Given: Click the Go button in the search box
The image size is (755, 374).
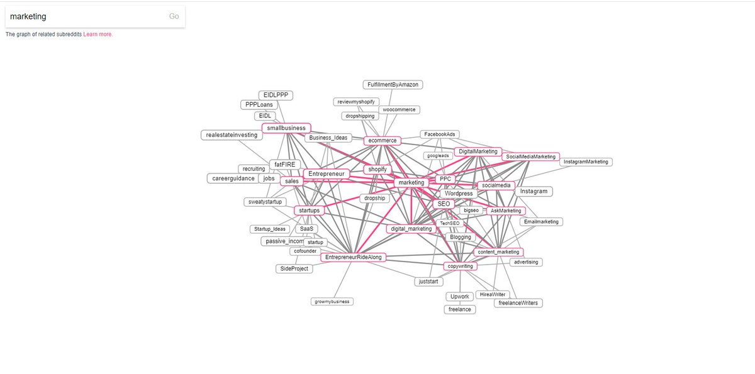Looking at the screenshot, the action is [174, 16].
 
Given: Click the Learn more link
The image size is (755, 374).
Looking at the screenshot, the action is [98, 35].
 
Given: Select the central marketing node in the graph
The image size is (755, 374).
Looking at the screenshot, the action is [411, 182].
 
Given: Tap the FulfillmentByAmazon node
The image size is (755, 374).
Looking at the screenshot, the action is [393, 84].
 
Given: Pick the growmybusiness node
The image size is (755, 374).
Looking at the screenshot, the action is [333, 302].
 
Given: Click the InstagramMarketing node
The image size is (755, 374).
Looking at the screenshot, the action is [586, 162].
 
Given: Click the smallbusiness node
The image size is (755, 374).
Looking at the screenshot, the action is [286, 128].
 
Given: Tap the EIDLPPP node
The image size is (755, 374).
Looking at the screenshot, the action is [276, 95].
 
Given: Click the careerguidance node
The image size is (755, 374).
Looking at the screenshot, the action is [233, 179].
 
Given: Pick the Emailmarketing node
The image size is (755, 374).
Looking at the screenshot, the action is [541, 222].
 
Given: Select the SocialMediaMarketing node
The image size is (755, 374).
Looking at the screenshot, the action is [531, 157].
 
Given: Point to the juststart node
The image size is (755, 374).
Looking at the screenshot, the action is [432, 282].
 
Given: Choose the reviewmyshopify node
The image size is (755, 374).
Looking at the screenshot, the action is [356, 102].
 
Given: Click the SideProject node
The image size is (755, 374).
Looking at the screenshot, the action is [294, 268].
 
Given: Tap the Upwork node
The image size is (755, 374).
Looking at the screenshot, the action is [459, 296].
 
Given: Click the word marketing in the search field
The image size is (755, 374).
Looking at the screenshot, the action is [28, 16].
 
